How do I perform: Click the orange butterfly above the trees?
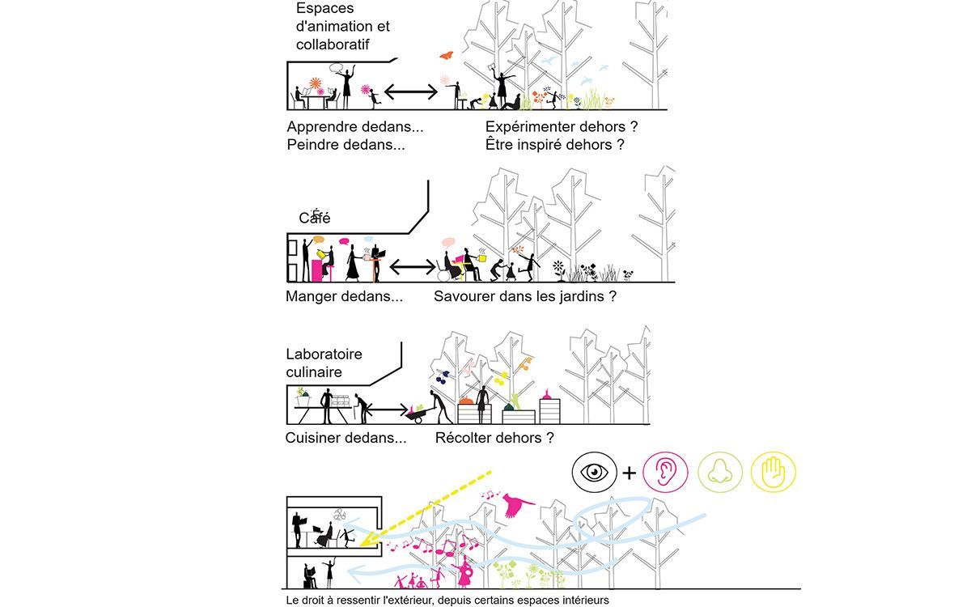click(447, 55)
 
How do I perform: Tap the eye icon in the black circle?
click(594, 472)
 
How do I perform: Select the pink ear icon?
click(664, 473)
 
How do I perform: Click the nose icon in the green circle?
click(720, 473)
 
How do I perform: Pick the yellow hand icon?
click(774, 472)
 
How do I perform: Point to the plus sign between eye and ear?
click(629, 473)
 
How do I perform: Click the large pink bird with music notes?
click(517, 505)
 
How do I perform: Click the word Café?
click(315, 217)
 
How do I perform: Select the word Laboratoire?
click(324, 354)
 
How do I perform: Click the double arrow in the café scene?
click(413, 267)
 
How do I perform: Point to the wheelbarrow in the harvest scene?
click(419, 414)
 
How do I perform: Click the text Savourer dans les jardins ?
click(525, 296)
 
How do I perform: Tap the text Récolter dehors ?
click(494, 438)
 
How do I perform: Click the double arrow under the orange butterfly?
click(411, 92)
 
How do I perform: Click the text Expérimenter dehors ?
click(562, 127)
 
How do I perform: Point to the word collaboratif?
click(333, 45)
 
